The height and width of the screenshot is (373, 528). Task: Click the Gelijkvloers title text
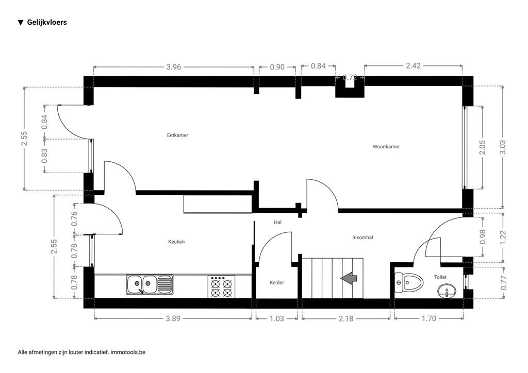click(46, 22)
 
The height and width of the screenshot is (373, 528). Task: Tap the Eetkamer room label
click(177, 135)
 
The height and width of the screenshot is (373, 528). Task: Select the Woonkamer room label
click(386, 147)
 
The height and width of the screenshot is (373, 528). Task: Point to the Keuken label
click(176, 242)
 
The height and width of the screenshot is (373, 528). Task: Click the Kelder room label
click(277, 283)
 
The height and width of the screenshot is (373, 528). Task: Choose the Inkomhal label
click(362, 238)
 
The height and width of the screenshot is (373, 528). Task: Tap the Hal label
click(277, 222)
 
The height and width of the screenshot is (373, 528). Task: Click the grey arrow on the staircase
click(349, 278)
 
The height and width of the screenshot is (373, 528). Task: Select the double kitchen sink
click(150, 284)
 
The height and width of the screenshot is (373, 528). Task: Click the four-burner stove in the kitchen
click(222, 286)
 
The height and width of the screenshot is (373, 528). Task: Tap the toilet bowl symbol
click(408, 282)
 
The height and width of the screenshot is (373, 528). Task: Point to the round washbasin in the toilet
click(445, 293)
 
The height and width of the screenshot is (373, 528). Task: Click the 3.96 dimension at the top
click(174, 66)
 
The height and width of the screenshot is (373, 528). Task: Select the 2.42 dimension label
click(414, 66)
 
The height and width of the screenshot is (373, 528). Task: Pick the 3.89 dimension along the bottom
click(173, 318)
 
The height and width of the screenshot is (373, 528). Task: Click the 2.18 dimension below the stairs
click(345, 318)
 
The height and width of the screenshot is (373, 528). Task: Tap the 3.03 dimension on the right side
click(503, 147)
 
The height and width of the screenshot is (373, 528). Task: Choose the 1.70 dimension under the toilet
click(428, 318)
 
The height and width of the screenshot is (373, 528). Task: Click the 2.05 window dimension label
click(483, 147)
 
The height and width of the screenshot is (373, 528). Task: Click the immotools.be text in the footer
click(128, 352)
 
